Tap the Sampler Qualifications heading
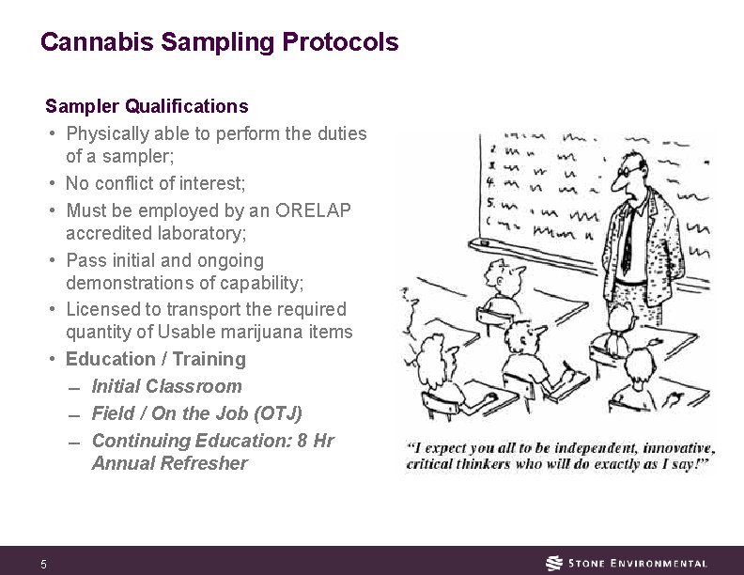click(147, 106)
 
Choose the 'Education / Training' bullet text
click(155, 359)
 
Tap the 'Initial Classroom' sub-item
click(166, 386)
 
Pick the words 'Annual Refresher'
click(169, 463)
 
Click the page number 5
click(43, 564)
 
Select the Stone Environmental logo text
click(638, 563)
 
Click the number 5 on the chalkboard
click(491, 201)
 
